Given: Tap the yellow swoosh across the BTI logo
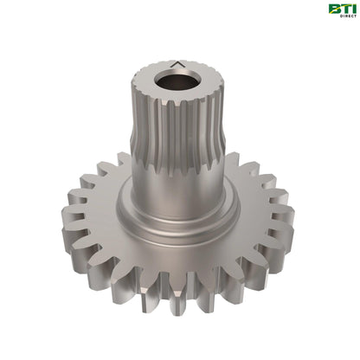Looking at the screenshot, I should coord(341,11).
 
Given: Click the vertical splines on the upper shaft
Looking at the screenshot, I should coord(173,130).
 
